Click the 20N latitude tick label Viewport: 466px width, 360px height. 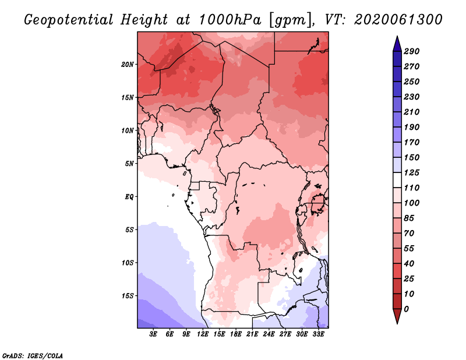[128, 65]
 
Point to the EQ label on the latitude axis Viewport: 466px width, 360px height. [129, 197]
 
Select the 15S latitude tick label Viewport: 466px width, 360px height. [128, 296]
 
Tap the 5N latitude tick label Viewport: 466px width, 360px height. [129, 164]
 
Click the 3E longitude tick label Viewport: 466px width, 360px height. [153, 334]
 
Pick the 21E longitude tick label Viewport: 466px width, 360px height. [252, 334]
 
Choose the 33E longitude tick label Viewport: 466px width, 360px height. [318, 334]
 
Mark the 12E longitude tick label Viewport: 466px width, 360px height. [202, 334]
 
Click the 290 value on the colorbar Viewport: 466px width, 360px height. [412, 51]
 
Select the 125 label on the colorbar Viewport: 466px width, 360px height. [412, 172]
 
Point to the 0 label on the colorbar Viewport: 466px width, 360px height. [406, 309]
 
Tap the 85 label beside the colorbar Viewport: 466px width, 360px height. [409, 218]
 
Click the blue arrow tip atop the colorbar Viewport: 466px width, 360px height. [397, 37]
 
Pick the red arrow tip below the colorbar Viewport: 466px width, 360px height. [397, 323]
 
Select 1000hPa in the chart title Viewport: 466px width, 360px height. [230, 20]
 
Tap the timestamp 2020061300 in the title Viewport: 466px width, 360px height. [398, 20]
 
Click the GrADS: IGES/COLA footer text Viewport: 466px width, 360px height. [33, 356]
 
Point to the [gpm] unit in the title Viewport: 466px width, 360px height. [291, 20]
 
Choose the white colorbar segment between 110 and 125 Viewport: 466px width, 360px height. [397, 180]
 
